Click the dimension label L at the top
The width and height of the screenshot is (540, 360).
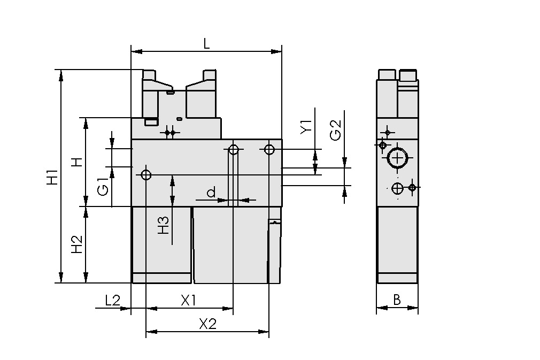(206, 44)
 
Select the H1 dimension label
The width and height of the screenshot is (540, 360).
(52, 177)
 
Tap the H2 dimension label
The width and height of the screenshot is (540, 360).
(77, 244)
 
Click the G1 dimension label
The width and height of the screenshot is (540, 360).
(103, 189)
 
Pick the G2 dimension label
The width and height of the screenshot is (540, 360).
(335, 130)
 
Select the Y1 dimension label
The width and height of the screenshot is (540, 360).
(306, 127)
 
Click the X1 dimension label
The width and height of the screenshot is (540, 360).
(188, 301)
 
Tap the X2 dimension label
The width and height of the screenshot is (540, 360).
(207, 324)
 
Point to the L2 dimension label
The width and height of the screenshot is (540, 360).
(112, 301)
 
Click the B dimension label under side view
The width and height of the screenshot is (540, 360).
(397, 300)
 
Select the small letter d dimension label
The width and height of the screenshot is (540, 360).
(211, 192)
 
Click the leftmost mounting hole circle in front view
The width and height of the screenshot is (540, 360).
(146, 174)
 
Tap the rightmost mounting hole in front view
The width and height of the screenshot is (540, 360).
(269, 148)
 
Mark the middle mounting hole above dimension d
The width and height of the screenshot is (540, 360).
(233, 149)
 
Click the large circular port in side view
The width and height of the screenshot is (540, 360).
(397, 158)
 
